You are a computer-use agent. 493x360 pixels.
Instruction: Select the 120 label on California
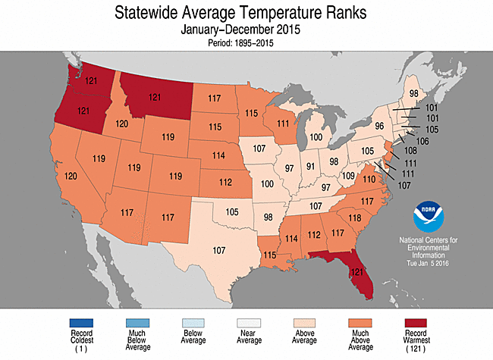tap(68, 176)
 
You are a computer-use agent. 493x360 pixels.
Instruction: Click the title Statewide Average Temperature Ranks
tap(246, 14)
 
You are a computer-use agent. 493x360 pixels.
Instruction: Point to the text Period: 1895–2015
tap(246, 43)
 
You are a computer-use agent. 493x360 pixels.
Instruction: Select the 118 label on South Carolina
tap(354, 218)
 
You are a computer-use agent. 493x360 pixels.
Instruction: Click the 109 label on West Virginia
tap(348, 175)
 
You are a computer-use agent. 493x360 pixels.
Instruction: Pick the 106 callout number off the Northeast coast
tap(423, 141)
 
